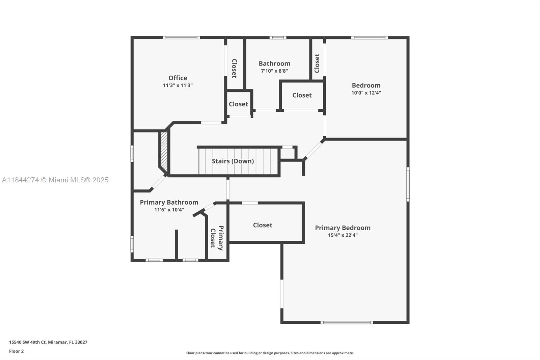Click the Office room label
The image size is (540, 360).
(x=178, y=78)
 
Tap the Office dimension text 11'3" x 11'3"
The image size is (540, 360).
(x=178, y=85)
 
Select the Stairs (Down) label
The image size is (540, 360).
(x=233, y=161)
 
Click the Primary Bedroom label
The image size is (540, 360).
(x=343, y=228)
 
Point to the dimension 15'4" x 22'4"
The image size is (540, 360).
(x=343, y=235)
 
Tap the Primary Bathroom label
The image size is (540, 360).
(x=169, y=202)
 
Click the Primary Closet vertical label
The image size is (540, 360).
(x=217, y=238)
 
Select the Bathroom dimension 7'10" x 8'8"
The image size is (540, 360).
(x=274, y=71)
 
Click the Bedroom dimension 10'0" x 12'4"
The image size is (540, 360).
(x=366, y=93)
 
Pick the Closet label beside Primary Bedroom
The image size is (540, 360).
(x=263, y=225)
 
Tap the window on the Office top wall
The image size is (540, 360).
(x=181, y=37)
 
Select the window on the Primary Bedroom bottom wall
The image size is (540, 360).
(x=347, y=323)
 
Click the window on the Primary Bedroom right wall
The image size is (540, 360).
(x=408, y=184)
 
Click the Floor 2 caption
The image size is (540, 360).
(x=16, y=351)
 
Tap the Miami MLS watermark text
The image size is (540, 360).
(x=55, y=180)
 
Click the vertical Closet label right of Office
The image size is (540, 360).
(x=234, y=68)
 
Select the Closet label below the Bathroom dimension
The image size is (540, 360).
(x=302, y=95)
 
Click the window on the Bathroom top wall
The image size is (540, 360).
(x=278, y=37)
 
